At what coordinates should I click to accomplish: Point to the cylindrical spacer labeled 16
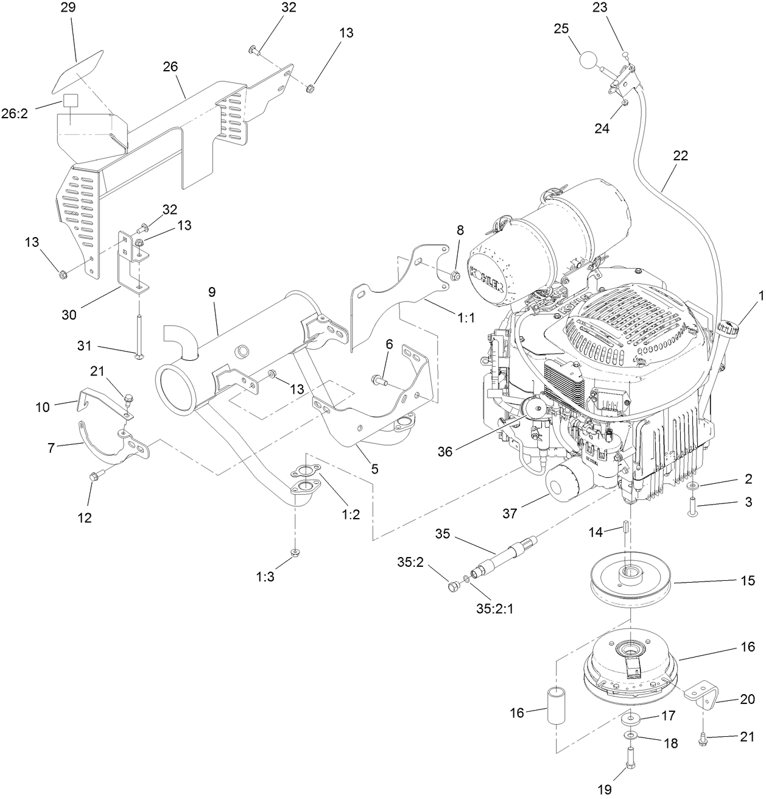point(556,706)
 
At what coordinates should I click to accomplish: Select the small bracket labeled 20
point(704,695)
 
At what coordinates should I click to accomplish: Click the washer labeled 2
point(694,486)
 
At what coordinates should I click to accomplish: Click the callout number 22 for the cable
point(680,155)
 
